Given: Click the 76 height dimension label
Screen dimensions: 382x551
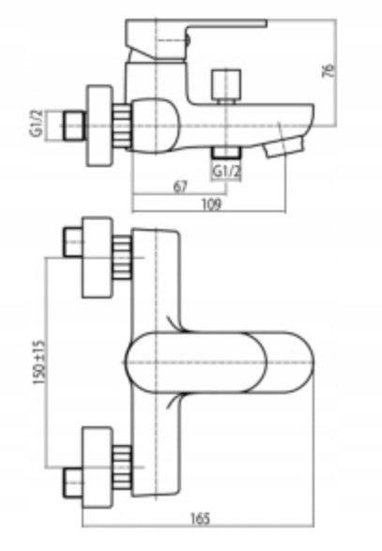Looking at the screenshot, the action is click(329, 70).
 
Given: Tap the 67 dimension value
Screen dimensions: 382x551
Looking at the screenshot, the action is click(180, 187).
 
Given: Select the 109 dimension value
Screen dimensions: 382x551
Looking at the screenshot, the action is click(211, 205).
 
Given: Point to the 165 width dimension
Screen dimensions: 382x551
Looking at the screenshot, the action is click(201, 518).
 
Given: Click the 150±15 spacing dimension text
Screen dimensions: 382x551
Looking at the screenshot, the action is click(39, 362).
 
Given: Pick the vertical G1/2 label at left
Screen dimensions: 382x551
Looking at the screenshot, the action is click(37, 123).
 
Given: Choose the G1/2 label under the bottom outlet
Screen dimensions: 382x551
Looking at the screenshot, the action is click(227, 172).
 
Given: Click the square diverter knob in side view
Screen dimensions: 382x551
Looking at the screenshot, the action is click(227, 84).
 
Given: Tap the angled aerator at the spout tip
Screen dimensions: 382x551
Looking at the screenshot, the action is click(284, 146).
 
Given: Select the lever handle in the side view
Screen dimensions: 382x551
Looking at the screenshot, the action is click(193, 38).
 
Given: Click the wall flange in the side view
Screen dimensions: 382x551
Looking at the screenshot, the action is click(99, 125).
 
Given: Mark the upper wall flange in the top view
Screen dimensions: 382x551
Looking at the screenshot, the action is click(98, 257).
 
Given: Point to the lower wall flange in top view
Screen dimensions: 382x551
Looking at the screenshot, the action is click(98, 467).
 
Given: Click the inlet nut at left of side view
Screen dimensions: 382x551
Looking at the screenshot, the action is click(74, 126).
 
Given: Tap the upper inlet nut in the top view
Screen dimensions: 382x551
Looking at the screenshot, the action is click(73, 242).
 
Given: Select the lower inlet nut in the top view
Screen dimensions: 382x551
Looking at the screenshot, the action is click(73, 482).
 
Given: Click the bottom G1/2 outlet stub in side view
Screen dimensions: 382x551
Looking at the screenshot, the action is click(227, 152).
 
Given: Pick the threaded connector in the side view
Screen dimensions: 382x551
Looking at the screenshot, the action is click(123, 125).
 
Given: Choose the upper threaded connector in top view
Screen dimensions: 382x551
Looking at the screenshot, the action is click(123, 257).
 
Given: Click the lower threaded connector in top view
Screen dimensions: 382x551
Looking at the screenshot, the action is click(123, 467).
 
